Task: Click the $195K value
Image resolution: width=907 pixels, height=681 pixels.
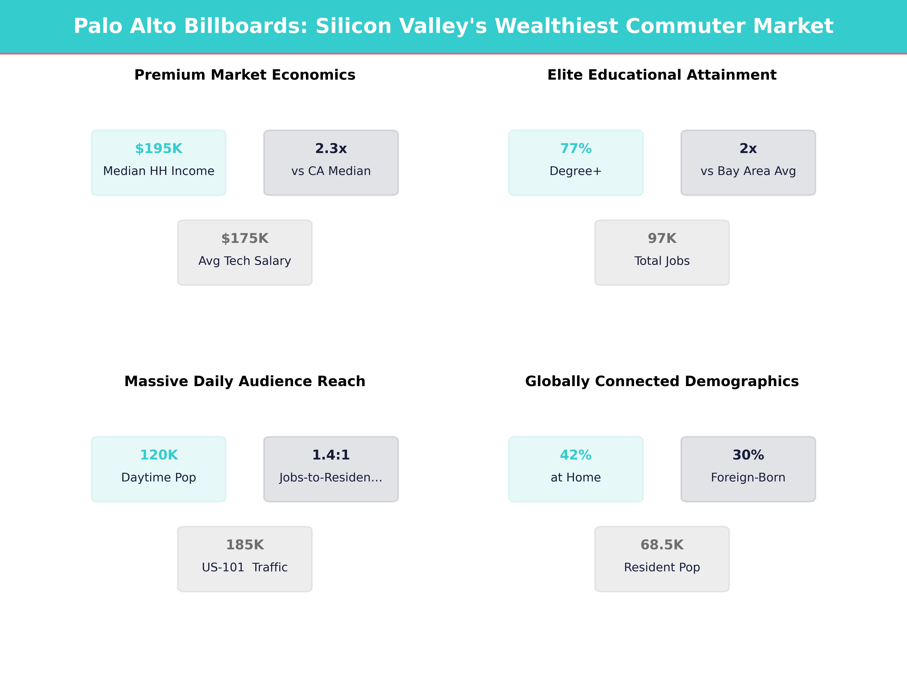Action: (x=159, y=149)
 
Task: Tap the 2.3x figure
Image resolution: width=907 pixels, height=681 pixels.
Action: (x=331, y=149)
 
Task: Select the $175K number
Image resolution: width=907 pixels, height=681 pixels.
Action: (x=245, y=239)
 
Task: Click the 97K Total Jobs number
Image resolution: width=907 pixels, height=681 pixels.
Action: (x=662, y=239)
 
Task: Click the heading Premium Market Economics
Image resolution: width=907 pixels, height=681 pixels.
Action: (x=245, y=75)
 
